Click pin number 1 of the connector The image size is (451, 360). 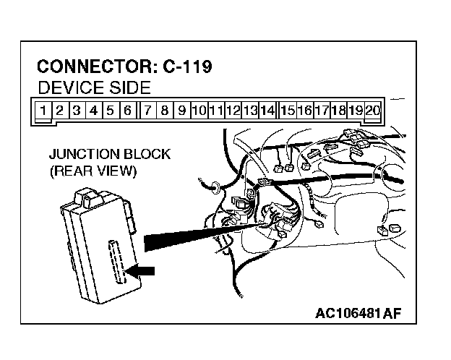pos(45,111)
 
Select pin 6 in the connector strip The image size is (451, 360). pos(127,111)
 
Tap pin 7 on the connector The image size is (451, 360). pos(147,111)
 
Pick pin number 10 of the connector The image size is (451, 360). pos(199,111)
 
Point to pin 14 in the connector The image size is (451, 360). pos(267,111)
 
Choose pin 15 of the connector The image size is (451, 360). pos(288,111)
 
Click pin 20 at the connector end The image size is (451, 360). pos(372,111)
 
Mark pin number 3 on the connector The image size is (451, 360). pos(78,111)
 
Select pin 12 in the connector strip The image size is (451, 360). pos(233,111)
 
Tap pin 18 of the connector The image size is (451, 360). pos(338,111)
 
